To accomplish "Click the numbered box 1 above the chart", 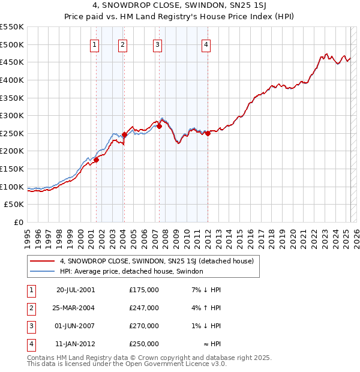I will [95, 44].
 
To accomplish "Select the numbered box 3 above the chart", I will [157, 44].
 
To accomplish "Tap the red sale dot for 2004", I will [124, 134].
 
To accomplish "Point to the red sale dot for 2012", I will [208, 133].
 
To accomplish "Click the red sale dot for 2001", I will [96, 160].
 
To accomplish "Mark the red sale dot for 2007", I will [159, 126].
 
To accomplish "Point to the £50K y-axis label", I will [14, 205].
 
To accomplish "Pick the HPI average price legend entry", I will [131, 271].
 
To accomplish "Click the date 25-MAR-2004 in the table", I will [74, 308].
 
